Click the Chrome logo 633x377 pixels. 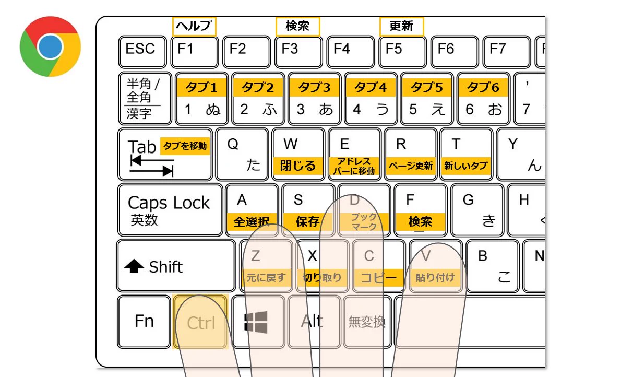pos(50,46)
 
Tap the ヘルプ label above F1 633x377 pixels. pos(194,26)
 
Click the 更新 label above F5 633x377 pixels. pos(401,26)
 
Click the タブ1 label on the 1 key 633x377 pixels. pos(202,88)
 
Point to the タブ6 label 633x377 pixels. pos(483,88)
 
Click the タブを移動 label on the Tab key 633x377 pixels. pos(185,146)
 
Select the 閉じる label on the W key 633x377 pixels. pos(298,166)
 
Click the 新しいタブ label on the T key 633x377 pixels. pos(466,166)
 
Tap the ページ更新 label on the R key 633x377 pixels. pos(410,166)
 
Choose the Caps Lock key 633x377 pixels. pos(170,209)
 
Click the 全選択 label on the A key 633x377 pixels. pos(251,221)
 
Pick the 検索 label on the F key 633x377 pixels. pos(420,221)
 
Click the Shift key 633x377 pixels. pos(176,266)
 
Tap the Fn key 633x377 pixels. pos(144,321)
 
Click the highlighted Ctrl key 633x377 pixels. pos(200,322)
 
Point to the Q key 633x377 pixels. pos(242,155)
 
